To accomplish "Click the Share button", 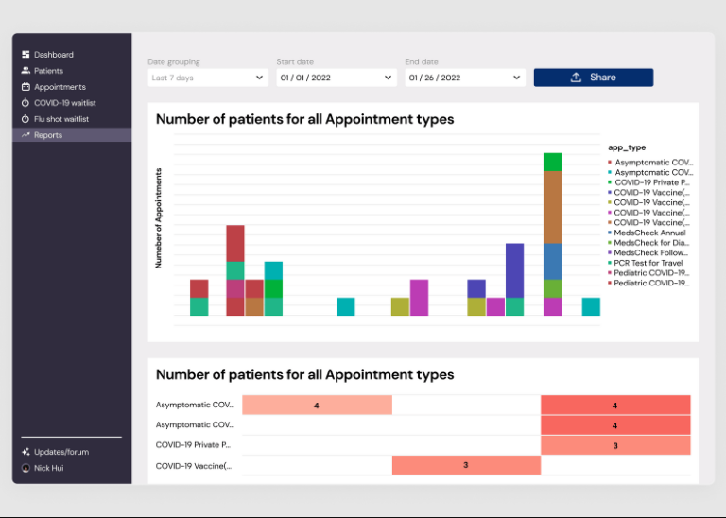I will pyautogui.click(x=593, y=78).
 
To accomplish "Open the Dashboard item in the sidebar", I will pyautogui.click(x=53, y=55).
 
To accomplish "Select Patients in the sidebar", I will pyautogui.click(x=48, y=71).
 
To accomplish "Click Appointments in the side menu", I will pyautogui.click(x=60, y=87).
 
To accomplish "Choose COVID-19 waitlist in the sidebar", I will pyautogui.click(x=64, y=103).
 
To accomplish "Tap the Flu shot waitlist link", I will pyautogui.click(x=60, y=119).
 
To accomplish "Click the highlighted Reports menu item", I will pyautogui.click(x=48, y=135).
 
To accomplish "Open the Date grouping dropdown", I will pyautogui.click(x=207, y=78).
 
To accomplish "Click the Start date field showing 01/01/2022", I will pyautogui.click(x=336, y=78).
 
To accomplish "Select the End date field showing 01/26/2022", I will pyautogui.click(x=464, y=78).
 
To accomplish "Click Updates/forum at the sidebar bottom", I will pyautogui.click(x=60, y=452).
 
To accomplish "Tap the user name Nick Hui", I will pyautogui.click(x=50, y=468).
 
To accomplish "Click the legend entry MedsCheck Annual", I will pyautogui.click(x=649, y=233).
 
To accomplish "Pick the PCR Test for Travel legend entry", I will pyautogui.click(x=651, y=263).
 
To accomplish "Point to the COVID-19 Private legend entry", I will pyautogui.click(x=653, y=182).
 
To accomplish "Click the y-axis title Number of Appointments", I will pyautogui.click(x=159, y=218).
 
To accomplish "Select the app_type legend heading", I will pyautogui.click(x=627, y=147).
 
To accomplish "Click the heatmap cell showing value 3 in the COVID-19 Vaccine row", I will pyautogui.click(x=466, y=465).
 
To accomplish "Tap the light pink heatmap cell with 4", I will pyautogui.click(x=317, y=406).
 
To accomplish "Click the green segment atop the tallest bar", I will pyautogui.click(x=553, y=162).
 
